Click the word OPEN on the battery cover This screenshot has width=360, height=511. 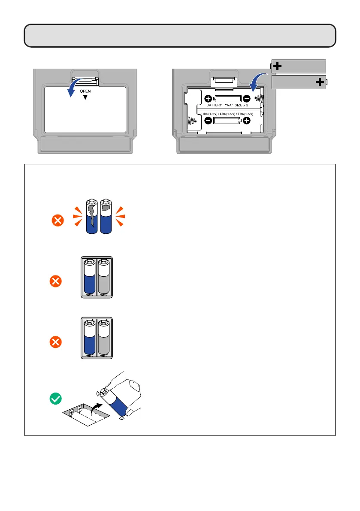click(85, 91)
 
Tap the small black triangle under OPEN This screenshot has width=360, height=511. click(85, 98)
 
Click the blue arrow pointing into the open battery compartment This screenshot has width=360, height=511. click(259, 81)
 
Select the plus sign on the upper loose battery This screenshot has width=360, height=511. click(278, 66)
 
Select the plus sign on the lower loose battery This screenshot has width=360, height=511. click(319, 82)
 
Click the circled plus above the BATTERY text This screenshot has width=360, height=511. click(208, 98)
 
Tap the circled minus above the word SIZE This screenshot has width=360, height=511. click(246, 98)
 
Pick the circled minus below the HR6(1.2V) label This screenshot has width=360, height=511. click(208, 121)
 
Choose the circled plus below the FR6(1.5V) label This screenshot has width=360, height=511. click(246, 121)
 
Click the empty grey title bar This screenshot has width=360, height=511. click(179, 36)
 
